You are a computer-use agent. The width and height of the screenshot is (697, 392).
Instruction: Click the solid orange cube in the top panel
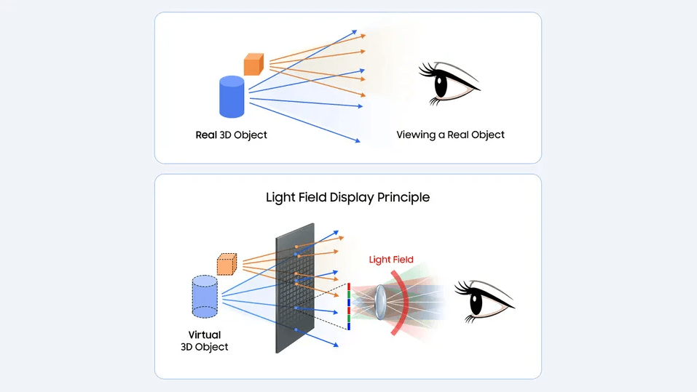point(253,64)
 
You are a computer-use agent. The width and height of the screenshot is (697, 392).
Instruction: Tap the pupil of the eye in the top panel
point(441,84)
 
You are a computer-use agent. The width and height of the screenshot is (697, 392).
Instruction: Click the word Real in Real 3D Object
point(205,135)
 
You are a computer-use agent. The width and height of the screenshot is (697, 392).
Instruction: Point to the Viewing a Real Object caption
point(450,135)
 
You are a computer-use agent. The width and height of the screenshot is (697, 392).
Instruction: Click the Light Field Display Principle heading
point(347,197)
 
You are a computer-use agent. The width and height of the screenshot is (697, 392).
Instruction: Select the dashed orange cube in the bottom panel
point(227,264)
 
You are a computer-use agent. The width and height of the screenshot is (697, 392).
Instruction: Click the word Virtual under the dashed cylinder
point(204,335)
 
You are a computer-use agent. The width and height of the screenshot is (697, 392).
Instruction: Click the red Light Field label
point(391,260)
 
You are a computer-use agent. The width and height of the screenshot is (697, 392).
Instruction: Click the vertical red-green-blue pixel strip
point(350,307)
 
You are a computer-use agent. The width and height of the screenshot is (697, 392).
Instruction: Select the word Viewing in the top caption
point(416,135)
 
